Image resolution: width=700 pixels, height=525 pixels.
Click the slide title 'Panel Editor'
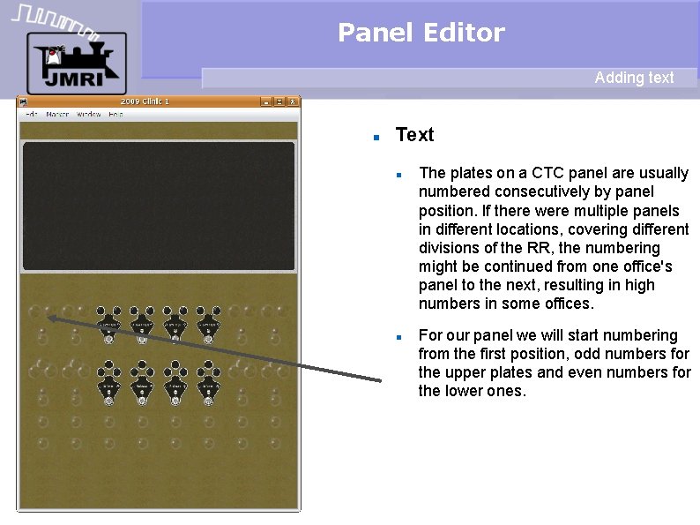pyautogui.click(x=421, y=34)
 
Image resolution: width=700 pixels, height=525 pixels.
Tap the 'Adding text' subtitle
pyautogui.click(x=634, y=78)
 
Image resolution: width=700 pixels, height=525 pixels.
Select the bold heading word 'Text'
pyautogui.click(x=414, y=135)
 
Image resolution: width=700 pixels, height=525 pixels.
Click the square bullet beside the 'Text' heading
pyautogui.click(x=376, y=138)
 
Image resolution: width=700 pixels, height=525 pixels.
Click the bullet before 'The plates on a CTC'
pyautogui.click(x=399, y=174)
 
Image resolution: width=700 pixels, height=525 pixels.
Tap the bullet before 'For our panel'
pyautogui.click(x=399, y=337)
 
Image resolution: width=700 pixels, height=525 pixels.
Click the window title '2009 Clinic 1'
pyautogui.click(x=145, y=101)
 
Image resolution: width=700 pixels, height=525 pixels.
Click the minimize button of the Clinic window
pyautogui.click(x=264, y=101)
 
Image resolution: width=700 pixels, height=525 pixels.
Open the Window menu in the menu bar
pyautogui.click(x=88, y=114)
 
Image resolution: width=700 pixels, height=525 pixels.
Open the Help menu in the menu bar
pyautogui.click(x=115, y=114)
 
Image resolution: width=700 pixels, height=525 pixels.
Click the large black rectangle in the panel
pyautogui.click(x=159, y=206)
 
